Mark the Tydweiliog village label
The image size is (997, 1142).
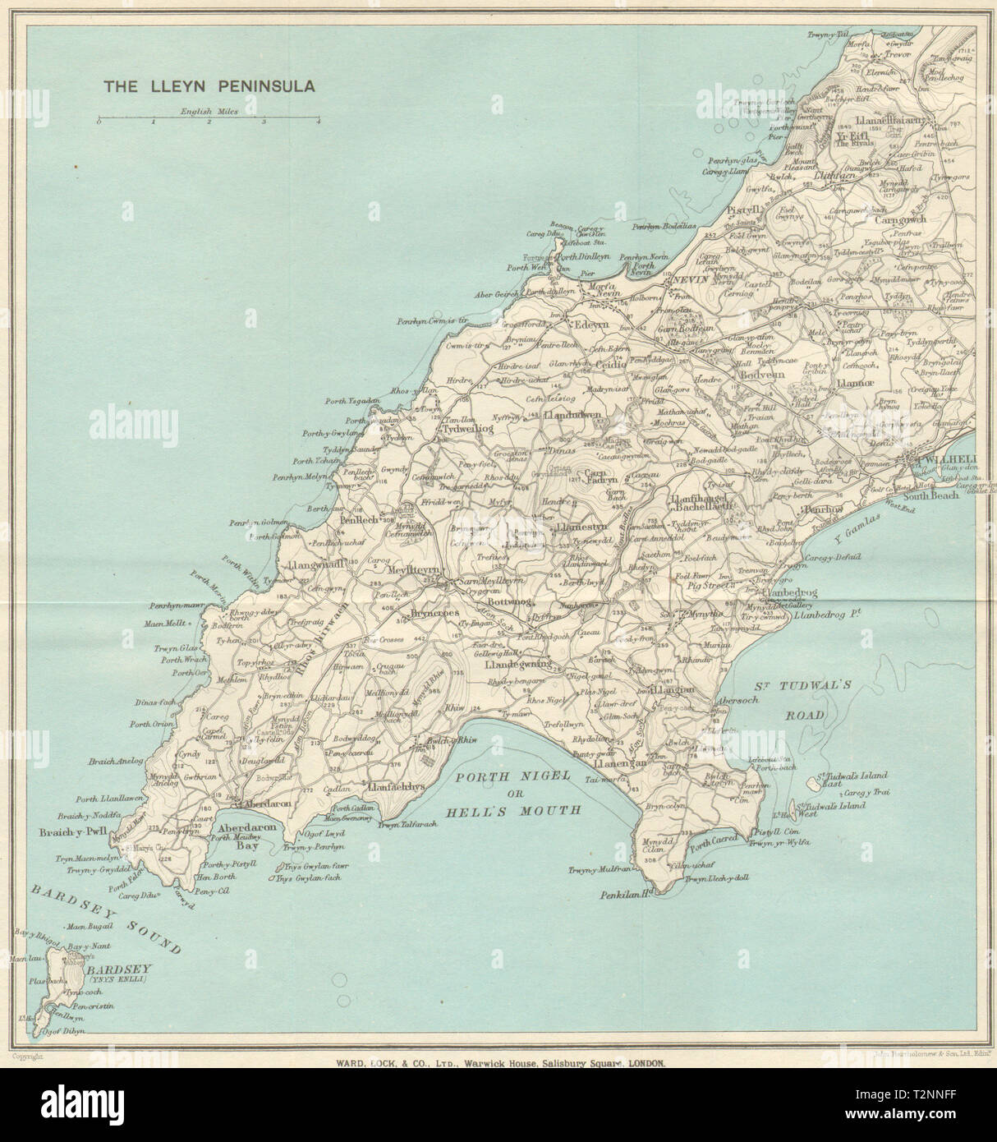pos(468,429)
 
